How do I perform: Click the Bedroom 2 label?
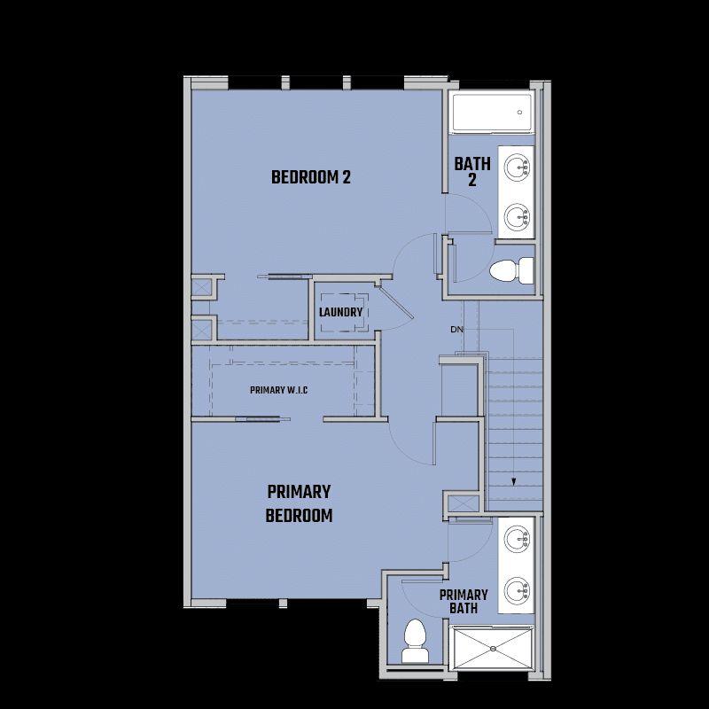click(311, 176)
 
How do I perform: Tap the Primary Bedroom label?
click(299, 503)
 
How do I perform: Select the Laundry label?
click(340, 312)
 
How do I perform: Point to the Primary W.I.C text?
click(278, 390)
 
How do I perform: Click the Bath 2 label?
click(472, 171)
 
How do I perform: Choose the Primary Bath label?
click(464, 602)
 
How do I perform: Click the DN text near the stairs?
click(456, 329)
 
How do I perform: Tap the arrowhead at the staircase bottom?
click(514, 482)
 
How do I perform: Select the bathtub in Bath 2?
click(492, 113)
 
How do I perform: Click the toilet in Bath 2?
click(511, 270)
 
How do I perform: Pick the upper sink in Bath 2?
click(517, 167)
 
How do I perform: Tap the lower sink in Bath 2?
click(517, 216)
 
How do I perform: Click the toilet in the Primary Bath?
click(415, 641)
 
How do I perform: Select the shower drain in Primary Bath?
click(494, 649)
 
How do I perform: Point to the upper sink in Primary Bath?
click(517, 539)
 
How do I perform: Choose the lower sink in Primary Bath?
click(517, 590)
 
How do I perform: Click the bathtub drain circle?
click(519, 113)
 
